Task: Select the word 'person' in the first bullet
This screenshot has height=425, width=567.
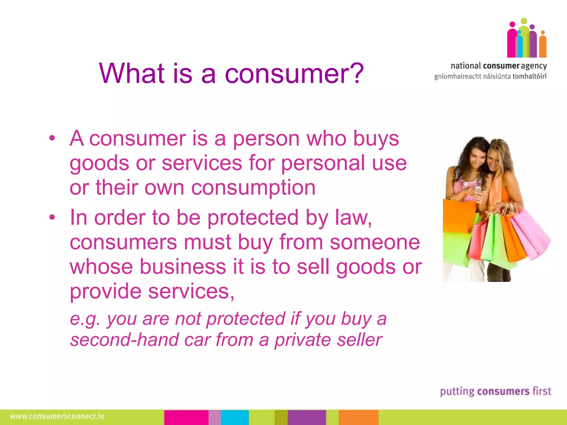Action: (x=266, y=139)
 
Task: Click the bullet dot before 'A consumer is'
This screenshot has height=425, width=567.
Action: (x=52, y=138)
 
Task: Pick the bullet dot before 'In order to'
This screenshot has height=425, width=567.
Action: (x=52, y=217)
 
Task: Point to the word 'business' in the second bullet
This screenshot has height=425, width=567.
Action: (x=182, y=267)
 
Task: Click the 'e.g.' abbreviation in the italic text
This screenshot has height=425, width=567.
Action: (x=85, y=319)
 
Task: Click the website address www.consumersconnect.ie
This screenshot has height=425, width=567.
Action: (x=57, y=416)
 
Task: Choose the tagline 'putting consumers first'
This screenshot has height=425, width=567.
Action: (x=495, y=392)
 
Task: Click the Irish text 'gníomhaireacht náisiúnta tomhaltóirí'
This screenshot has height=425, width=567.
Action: (x=490, y=77)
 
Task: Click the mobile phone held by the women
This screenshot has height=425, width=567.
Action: (x=478, y=190)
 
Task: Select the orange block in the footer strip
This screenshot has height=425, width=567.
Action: (x=359, y=417)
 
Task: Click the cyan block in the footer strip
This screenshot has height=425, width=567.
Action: (x=235, y=417)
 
